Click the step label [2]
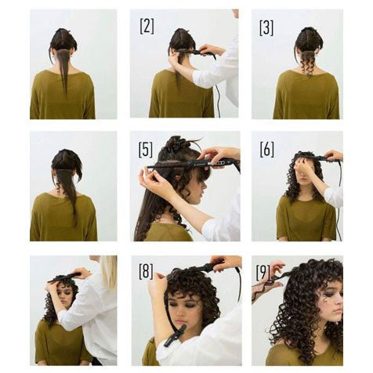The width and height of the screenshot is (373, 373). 147,26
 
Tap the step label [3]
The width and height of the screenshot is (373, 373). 266,28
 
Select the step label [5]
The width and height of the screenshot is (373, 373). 146,150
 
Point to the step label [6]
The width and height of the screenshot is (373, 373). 266,150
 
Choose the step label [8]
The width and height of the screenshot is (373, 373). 146,271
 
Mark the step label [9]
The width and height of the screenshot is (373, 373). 263,273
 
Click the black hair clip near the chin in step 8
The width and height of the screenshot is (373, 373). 175,335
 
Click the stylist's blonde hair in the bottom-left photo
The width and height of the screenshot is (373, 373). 108,272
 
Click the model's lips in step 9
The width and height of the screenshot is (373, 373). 339,310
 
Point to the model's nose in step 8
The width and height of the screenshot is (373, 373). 178,313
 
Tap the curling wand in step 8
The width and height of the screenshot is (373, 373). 206,268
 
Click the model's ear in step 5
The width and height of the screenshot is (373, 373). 179,179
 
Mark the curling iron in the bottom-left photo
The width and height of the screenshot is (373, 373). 64,278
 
